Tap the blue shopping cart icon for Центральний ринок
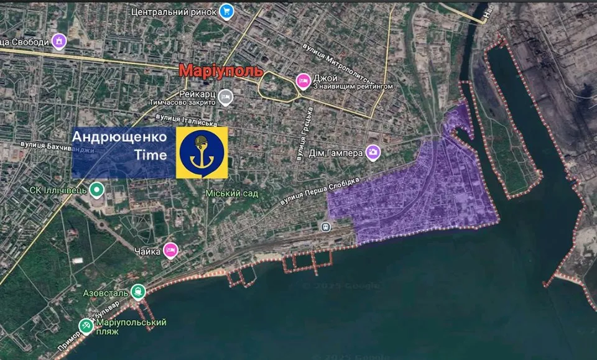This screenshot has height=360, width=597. coord(228,11)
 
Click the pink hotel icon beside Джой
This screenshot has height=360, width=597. coord(303,80)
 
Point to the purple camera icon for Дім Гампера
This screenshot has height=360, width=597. coord(373,151)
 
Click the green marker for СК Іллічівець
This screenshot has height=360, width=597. coord(96,189)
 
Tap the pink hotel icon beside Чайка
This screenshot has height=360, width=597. coord(171,250)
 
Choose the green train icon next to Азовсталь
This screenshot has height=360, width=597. coord(137,291)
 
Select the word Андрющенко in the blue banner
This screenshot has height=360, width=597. coord(119,136)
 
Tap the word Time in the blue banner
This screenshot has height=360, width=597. coord(150,155)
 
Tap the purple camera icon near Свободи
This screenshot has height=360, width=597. coord(59,41)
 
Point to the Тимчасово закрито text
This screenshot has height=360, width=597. coord(182,101)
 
